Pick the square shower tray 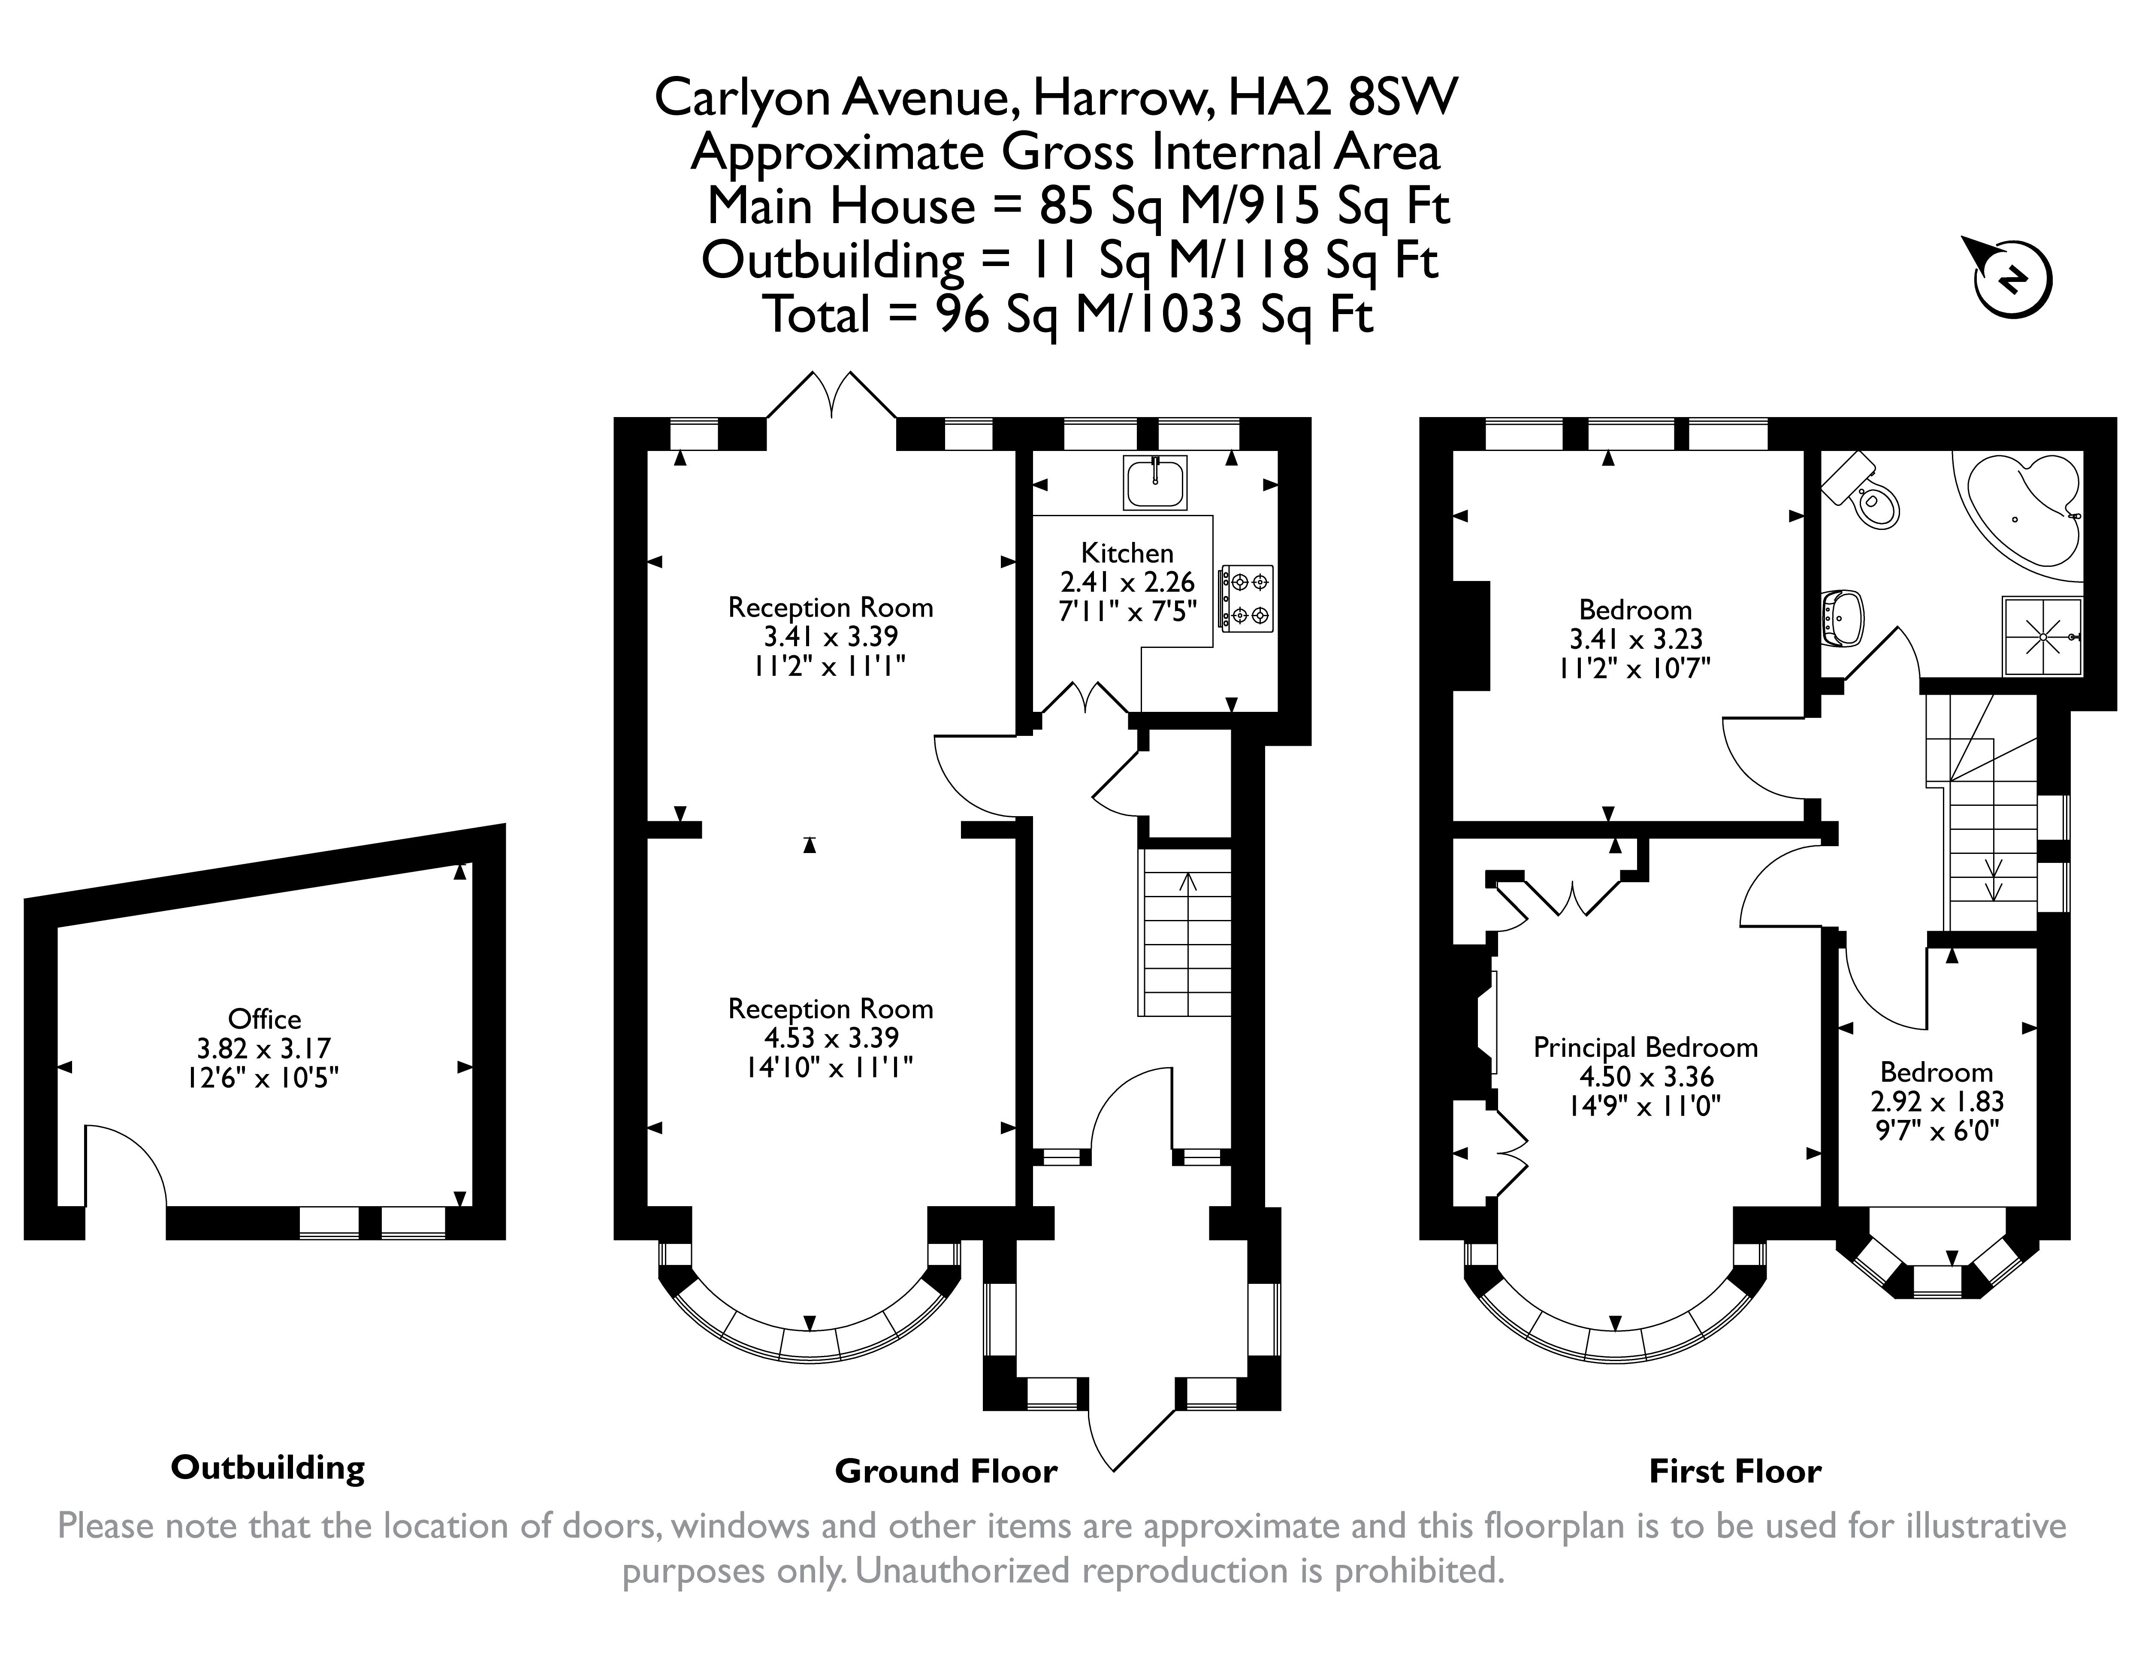pos(2043,636)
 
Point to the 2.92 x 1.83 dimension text pos(1937,1101)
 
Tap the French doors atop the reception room pos(831,395)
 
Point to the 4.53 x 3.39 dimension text pos(831,1037)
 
